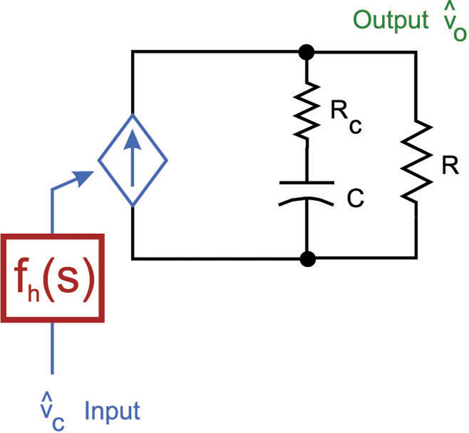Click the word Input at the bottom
113,411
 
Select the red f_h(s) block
53,278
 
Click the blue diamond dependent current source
133,159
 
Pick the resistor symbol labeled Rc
307,110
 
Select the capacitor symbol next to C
307,192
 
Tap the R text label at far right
450,166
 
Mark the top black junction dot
307,52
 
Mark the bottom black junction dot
307,258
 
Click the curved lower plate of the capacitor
307,201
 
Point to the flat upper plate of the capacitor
307,182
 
